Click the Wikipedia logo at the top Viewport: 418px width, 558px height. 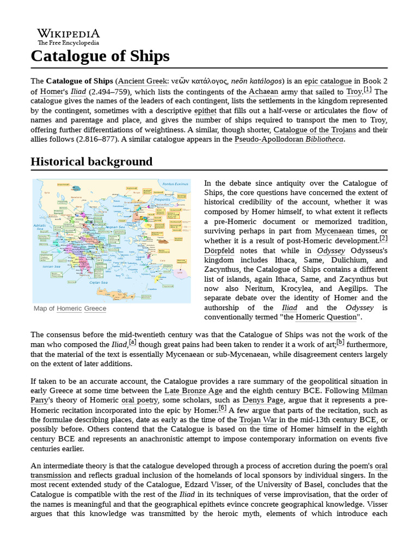[x=68, y=37]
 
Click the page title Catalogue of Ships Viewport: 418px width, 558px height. [x=100, y=56]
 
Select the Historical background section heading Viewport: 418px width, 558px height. [x=91, y=162]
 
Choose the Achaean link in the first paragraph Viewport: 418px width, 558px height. [x=263, y=92]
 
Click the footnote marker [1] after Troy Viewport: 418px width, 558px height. [x=367, y=89]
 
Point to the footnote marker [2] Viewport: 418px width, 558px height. [x=384, y=238]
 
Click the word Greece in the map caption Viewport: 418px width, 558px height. [x=95, y=308]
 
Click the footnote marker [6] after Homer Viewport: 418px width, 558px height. [x=222, y=408]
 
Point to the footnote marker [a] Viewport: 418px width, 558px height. [x=132, y=342]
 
